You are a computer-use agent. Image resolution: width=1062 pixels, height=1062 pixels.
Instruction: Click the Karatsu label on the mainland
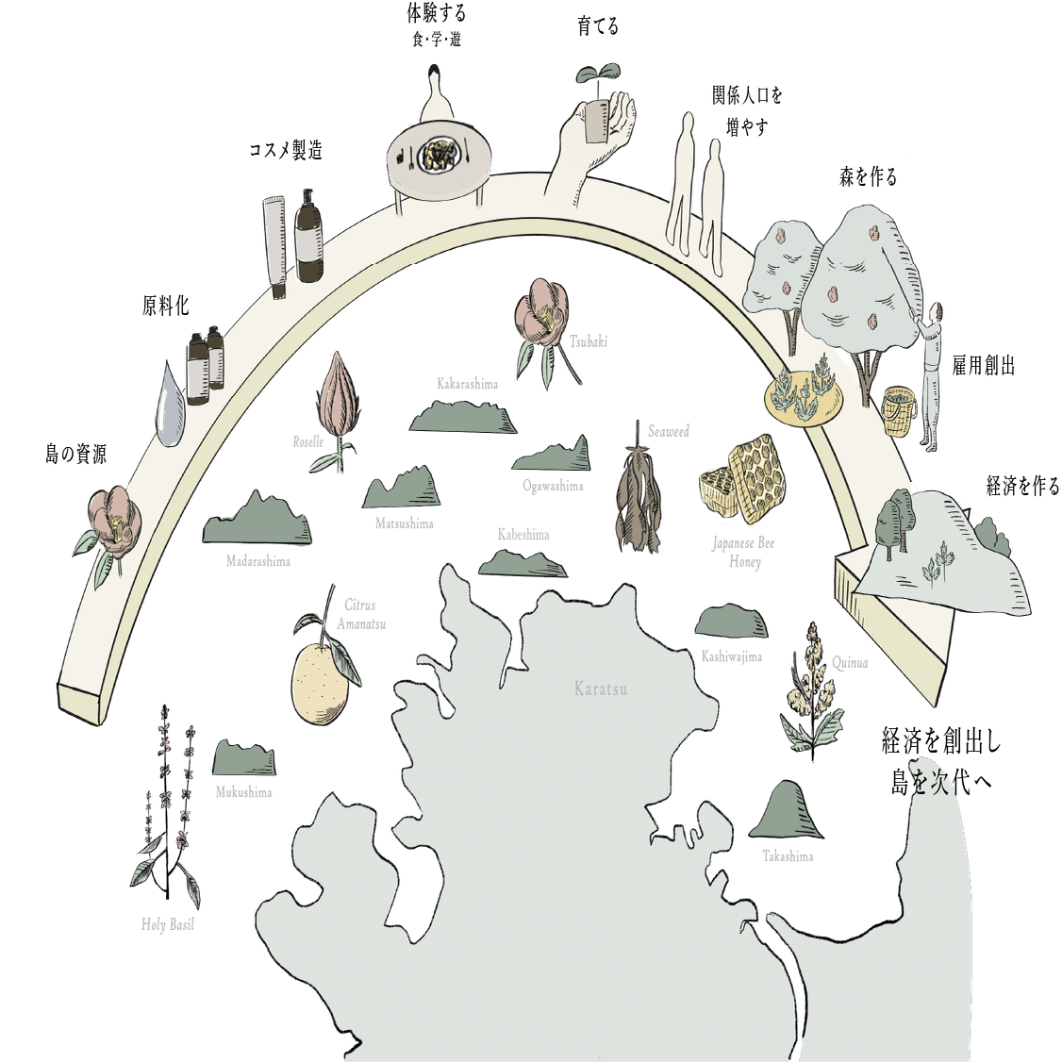[600, 689]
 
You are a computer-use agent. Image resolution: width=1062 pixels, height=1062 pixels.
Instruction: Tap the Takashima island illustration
[786, 810]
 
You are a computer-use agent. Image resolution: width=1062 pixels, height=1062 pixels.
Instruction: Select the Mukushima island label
[244, 791]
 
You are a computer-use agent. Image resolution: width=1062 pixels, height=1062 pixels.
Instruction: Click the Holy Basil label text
[167, 924]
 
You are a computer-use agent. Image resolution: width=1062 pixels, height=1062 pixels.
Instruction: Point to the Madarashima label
[258, 561]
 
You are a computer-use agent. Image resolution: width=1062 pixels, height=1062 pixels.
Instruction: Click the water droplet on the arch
[171, 405]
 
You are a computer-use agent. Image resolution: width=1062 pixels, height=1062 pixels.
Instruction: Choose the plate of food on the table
[438, 155]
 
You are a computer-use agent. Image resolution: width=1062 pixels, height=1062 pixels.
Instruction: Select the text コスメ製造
[286, 149]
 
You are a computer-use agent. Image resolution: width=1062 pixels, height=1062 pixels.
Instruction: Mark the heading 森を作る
[868, 176]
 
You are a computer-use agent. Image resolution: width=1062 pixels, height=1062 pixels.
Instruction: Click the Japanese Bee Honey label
[743, 552]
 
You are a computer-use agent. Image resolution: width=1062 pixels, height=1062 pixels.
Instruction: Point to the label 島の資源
[75, 454]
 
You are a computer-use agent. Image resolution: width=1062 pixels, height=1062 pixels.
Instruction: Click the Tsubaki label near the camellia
[588, 341]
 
